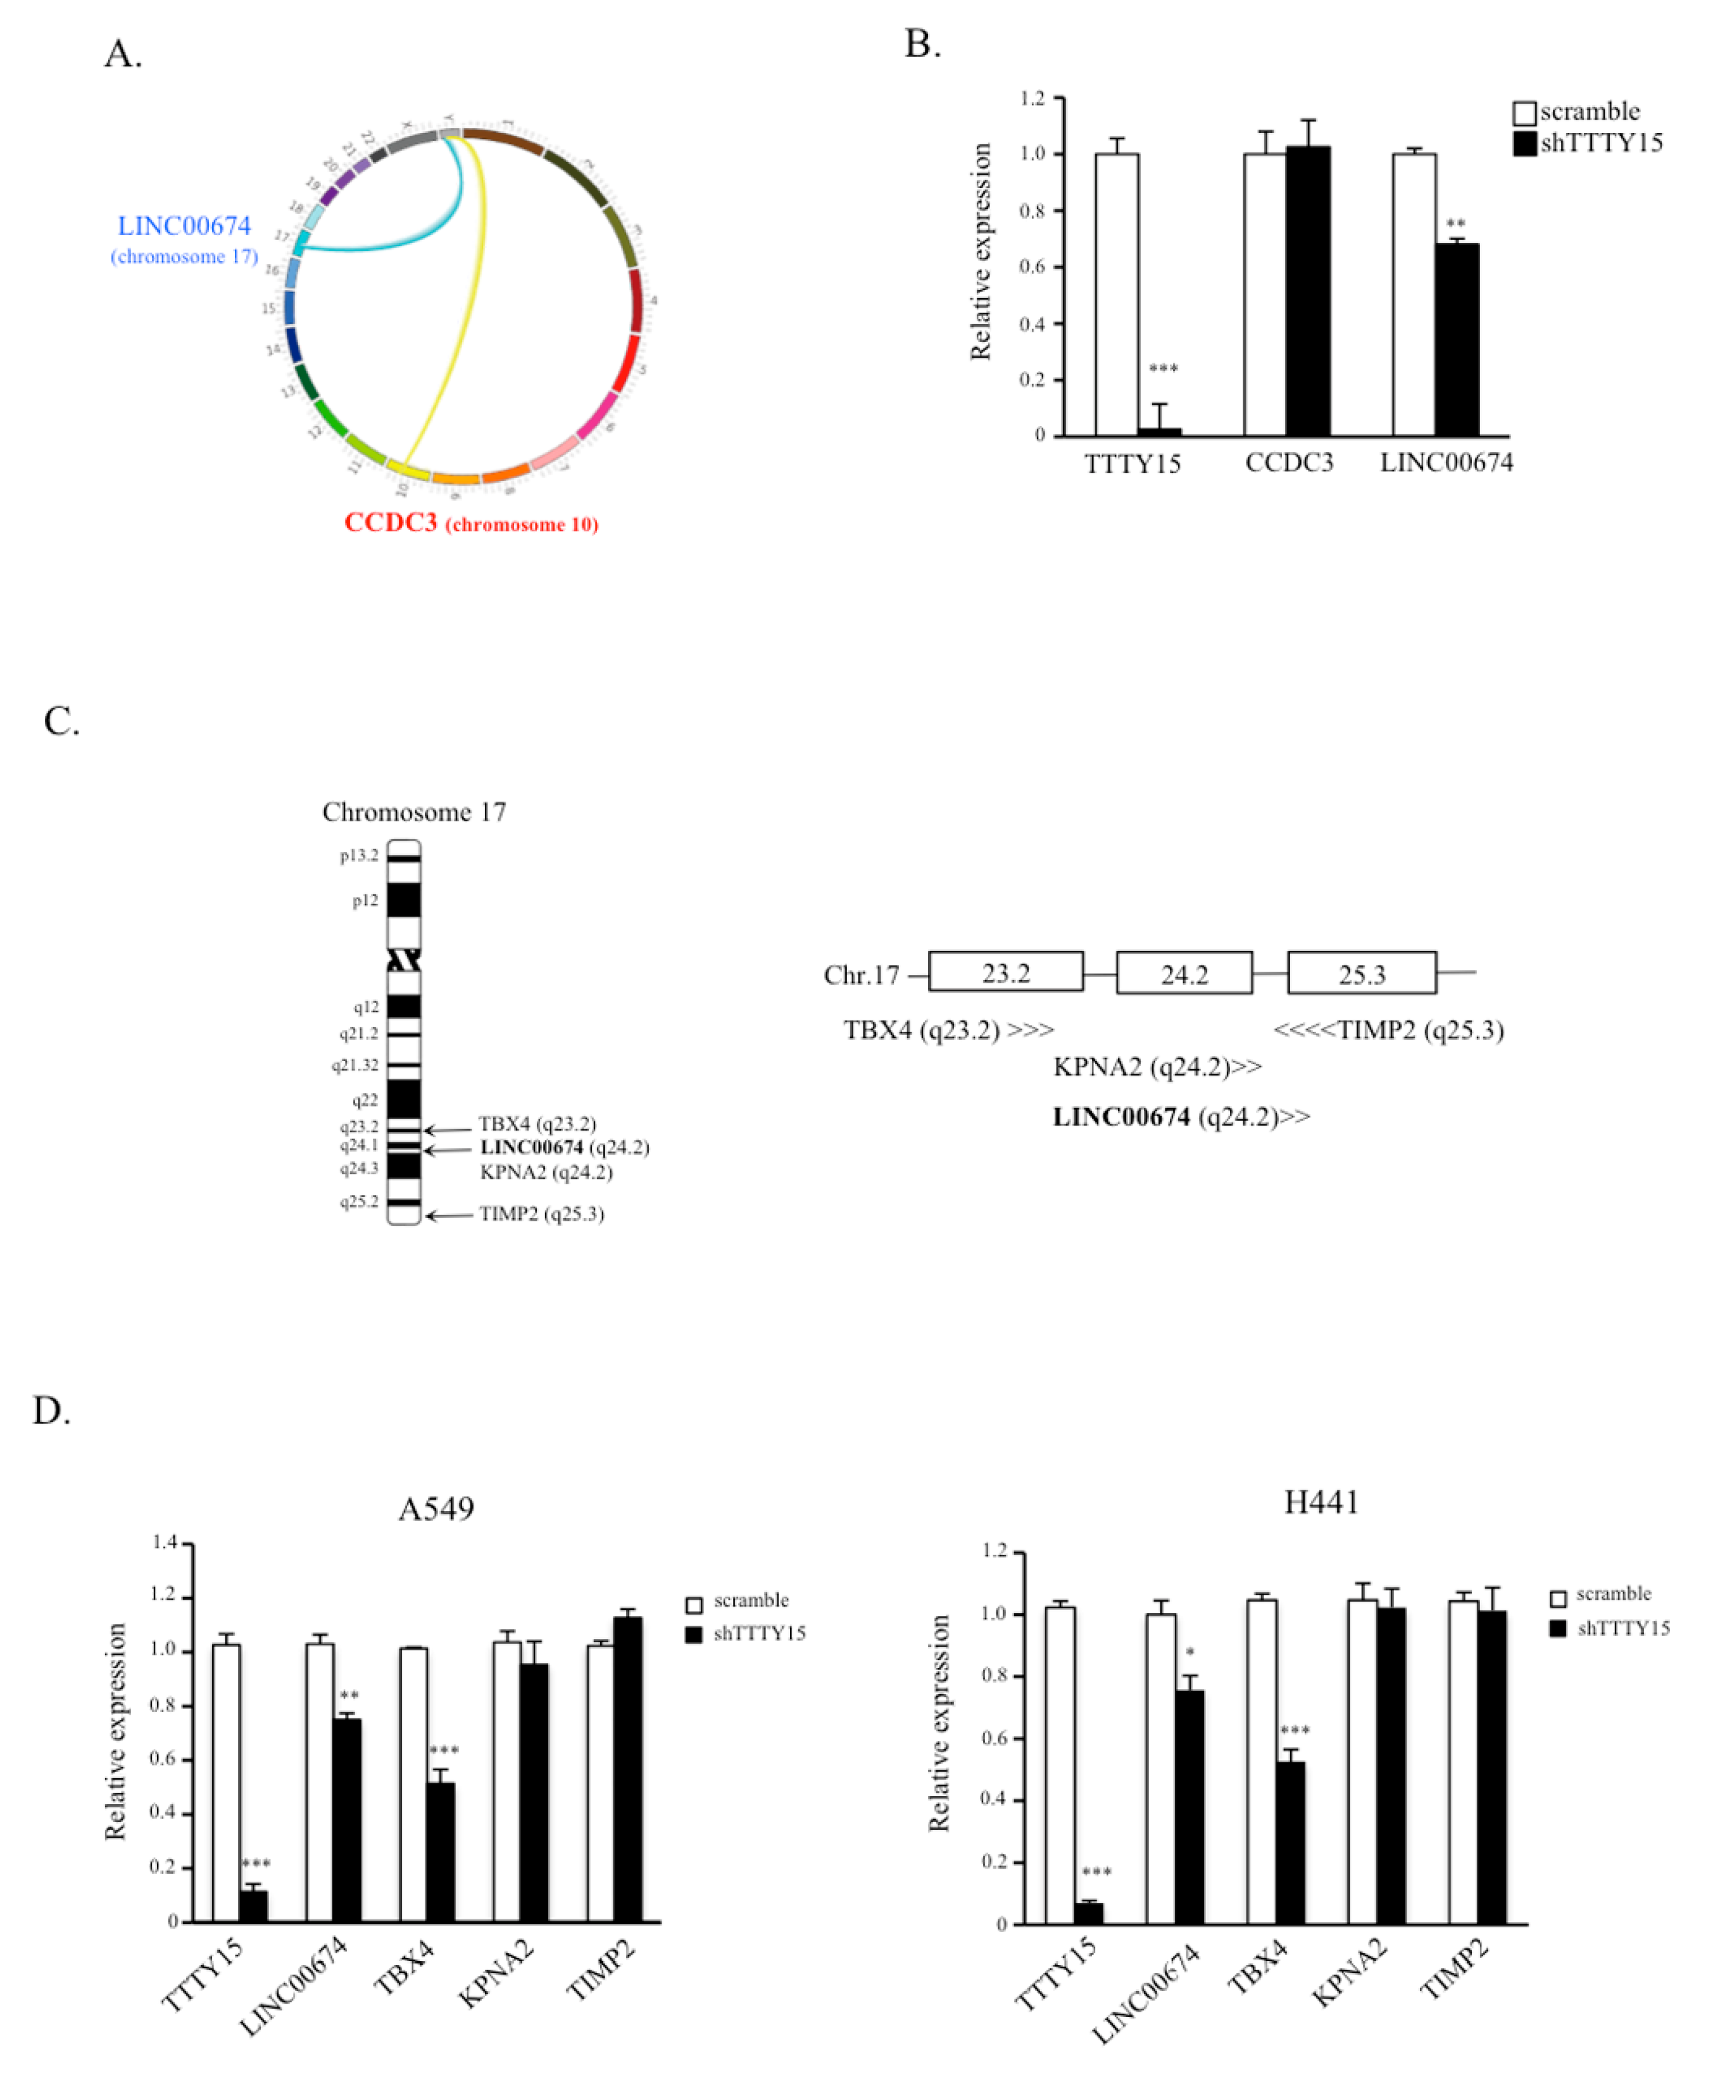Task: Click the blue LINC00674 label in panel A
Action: point(184,226)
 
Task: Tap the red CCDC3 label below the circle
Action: point(391,523)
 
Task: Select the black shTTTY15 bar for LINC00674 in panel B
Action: point(1457,341)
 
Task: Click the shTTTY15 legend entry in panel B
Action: point(1589,143)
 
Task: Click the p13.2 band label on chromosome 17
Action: point(359,856)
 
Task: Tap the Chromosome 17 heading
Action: point(415,812)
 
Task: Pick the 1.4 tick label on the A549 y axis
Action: point(164,1542)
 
